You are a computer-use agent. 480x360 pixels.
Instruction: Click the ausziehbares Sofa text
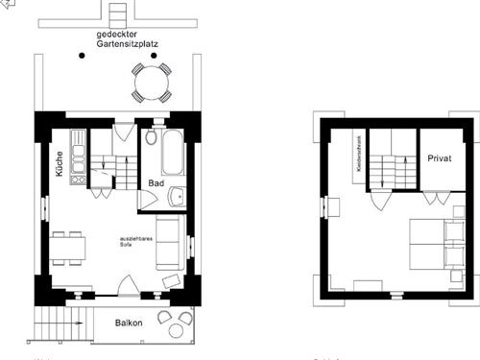click(x=132, y=241)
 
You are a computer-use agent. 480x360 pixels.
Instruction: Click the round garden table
click(x=152, y=83)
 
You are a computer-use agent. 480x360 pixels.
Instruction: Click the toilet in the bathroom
click(x=154, y=136)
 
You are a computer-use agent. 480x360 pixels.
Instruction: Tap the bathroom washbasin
click(x=176, y=198)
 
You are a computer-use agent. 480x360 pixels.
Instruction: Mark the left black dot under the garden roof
click(x=82, y=56)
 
